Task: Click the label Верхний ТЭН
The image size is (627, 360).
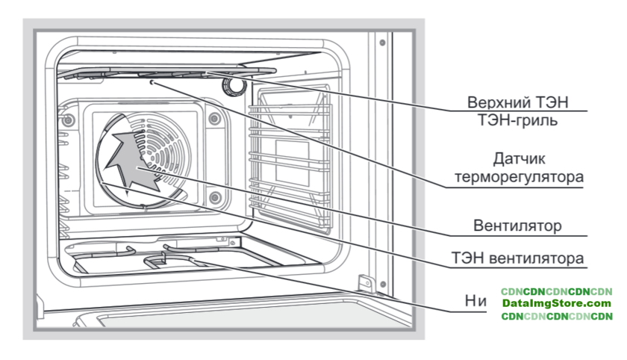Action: (524, 102)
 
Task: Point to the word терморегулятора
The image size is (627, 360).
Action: (526, 178)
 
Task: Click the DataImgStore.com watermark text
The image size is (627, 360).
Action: (556, 304)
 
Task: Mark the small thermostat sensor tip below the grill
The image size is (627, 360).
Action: (152, 84)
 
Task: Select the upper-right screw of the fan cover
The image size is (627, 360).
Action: (214, 118)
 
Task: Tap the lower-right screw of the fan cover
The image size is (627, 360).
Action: (215, 197)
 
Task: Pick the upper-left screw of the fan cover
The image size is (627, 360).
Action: (69, 120)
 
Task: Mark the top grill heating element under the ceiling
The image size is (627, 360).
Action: (164, 73)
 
